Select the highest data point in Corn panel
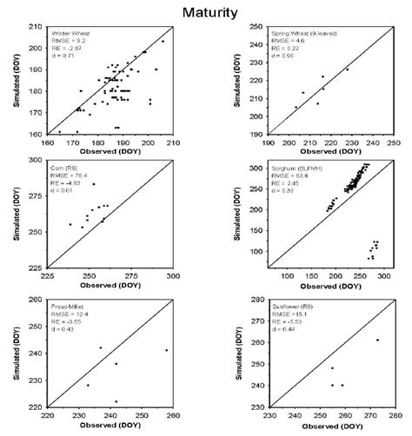pyautogui.click(x=94, y=184)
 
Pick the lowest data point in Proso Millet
pyautogui.click(x=116, y=401)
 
